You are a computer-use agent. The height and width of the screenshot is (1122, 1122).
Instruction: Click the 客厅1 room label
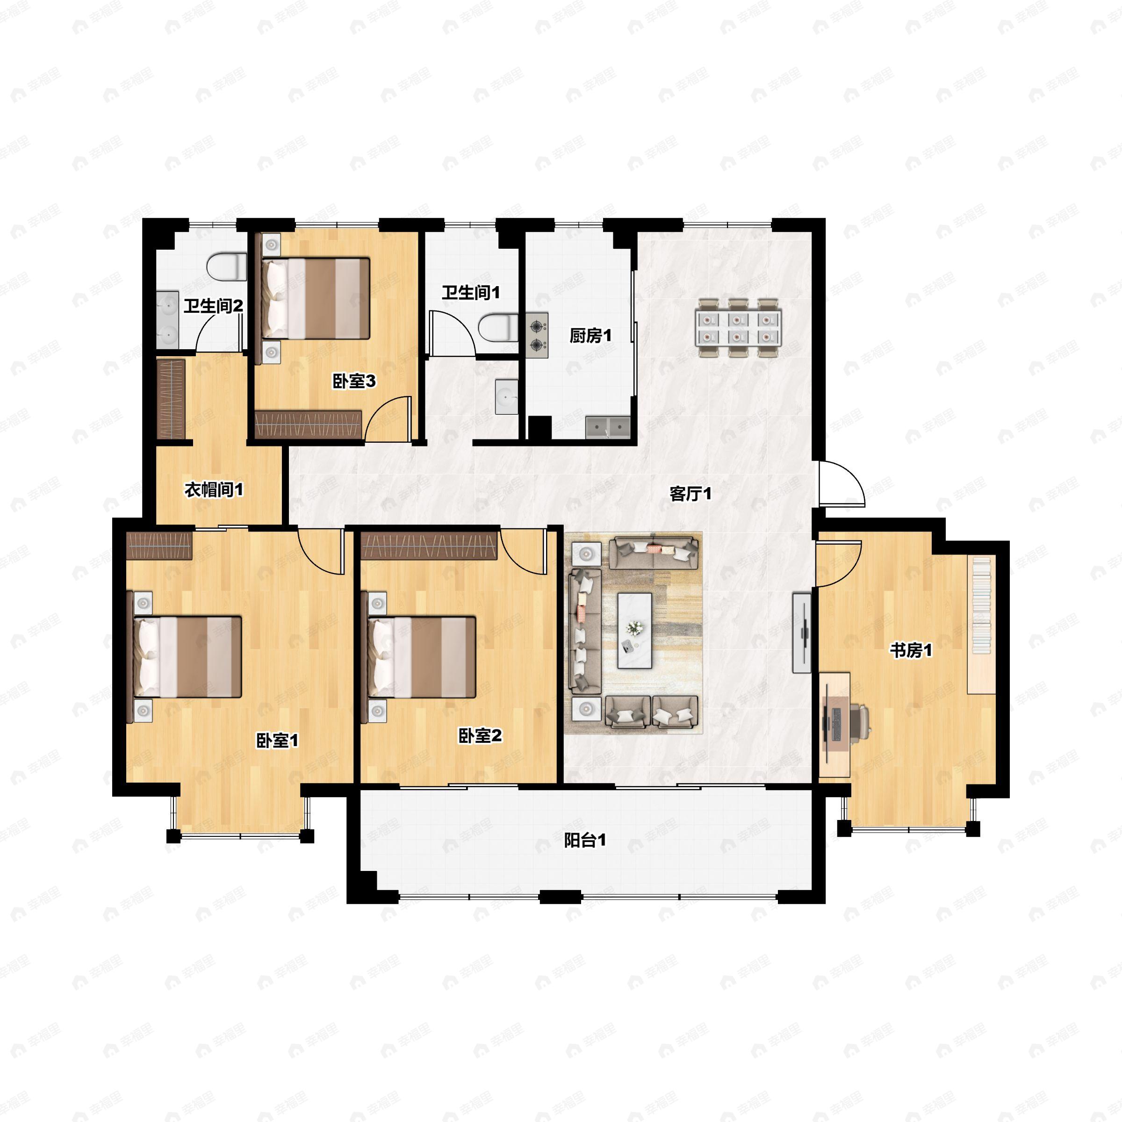point(690,494)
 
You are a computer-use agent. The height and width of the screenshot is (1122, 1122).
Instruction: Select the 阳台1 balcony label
point(585,841)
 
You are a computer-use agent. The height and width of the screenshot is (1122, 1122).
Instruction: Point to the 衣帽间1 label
point(214,490)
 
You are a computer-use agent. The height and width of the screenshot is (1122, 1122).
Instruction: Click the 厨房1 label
point(590,336)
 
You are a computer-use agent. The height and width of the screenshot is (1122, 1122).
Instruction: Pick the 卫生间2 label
point(213,306)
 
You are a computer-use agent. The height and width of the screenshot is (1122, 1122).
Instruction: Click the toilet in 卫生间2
point(226,267)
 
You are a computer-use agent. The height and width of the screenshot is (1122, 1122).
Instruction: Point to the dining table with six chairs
point(739,328)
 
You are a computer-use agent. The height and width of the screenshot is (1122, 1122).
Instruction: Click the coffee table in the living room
point(634,631)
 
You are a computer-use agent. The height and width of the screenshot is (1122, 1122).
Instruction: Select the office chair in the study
point(858,722)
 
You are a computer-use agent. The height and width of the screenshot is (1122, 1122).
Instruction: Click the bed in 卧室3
point(314,299)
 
